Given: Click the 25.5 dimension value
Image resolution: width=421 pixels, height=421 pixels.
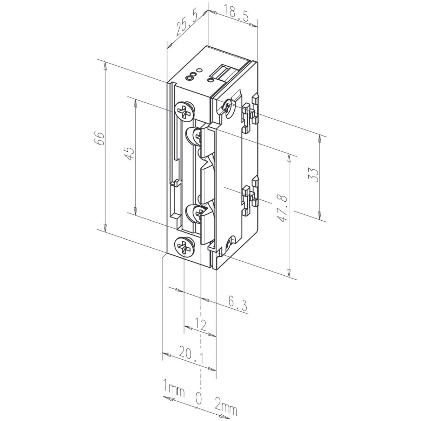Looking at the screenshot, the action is click(187, 24).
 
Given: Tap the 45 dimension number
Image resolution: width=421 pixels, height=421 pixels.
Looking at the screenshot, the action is click(129, 154).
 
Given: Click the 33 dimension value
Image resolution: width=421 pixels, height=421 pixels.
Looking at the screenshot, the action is click(314, 175).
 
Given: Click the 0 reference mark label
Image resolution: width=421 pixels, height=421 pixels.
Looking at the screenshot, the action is click(198, 398).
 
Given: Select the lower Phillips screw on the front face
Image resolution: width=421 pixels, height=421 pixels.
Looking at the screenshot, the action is click(184, 246).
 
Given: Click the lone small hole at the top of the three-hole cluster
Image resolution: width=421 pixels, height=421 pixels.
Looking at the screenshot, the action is click(199, 71).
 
